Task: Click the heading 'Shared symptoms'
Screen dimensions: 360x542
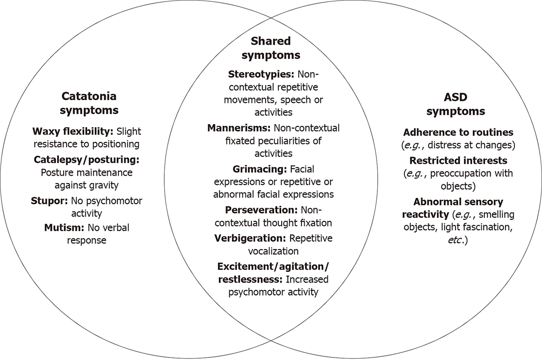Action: point(271,48)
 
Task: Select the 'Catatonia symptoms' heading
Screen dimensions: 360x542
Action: point(89,103)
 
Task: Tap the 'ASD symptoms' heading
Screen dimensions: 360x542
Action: point(455,104)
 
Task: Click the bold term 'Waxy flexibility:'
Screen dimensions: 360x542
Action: point(73,131)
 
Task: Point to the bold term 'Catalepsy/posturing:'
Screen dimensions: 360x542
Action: point(87,159)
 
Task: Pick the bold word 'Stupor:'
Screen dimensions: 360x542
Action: point(49,201)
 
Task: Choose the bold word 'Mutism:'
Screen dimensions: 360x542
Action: point(64,228)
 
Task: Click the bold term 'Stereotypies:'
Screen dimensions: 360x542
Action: point(261,74)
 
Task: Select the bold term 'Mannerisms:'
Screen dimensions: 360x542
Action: point(239,128)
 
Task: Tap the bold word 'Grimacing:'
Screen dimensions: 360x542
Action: point(260,169)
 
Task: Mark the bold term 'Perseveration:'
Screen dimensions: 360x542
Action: point(261,210)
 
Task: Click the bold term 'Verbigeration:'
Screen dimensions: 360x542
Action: point(250,238)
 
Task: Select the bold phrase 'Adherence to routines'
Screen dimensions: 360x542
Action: point(458,132)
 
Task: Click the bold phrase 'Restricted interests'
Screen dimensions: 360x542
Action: point(458,160)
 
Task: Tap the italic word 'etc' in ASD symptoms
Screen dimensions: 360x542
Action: point(454,240)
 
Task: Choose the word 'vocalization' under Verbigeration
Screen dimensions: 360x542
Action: point(273,251)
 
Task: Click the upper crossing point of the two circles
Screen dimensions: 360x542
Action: point(271,17)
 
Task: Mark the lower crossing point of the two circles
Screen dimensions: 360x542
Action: point(271,342)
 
